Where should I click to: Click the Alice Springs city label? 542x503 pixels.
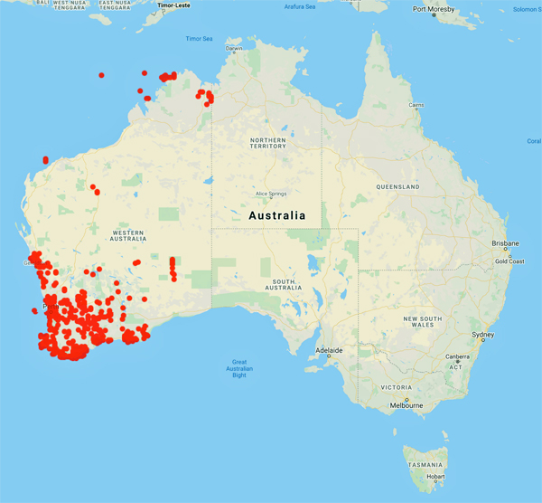tap(272, 195)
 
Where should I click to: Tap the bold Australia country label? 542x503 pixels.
tap(277, 216)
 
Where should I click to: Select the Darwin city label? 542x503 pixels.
tap(234, 49)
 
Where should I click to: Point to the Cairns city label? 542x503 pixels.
tap(416, 106)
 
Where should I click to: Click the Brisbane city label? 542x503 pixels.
tap(505, 243)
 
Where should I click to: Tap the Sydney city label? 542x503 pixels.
tap(483, 336)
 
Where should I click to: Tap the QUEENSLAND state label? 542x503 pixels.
tap(397, 186)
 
